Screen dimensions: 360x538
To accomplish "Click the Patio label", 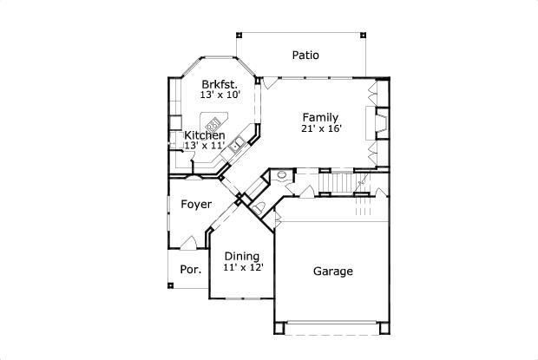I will click(x=305, y=55).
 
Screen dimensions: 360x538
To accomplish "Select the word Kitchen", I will click(x=205, y=135).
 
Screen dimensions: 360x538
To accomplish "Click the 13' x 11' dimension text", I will click(x=204, y=146).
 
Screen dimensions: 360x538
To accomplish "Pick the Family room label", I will click(x=320, y=117).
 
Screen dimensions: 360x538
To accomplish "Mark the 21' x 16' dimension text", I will click(x=321, y=128).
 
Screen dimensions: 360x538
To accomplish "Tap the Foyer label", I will click(x=195, y=205).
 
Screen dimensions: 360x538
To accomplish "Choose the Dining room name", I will click(x=241, y=256).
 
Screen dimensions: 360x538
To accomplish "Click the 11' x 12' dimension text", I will click(x=242, y=267).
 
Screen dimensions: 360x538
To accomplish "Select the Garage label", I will click(x=332, y=272).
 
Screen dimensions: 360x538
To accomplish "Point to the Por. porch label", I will click(x=190, y=269).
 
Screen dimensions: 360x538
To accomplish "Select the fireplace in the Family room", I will click(x=379, y=123).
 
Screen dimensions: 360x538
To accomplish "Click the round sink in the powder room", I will click(x=281, y=175).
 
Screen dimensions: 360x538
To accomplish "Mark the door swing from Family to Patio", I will click(x=271, y=82).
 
